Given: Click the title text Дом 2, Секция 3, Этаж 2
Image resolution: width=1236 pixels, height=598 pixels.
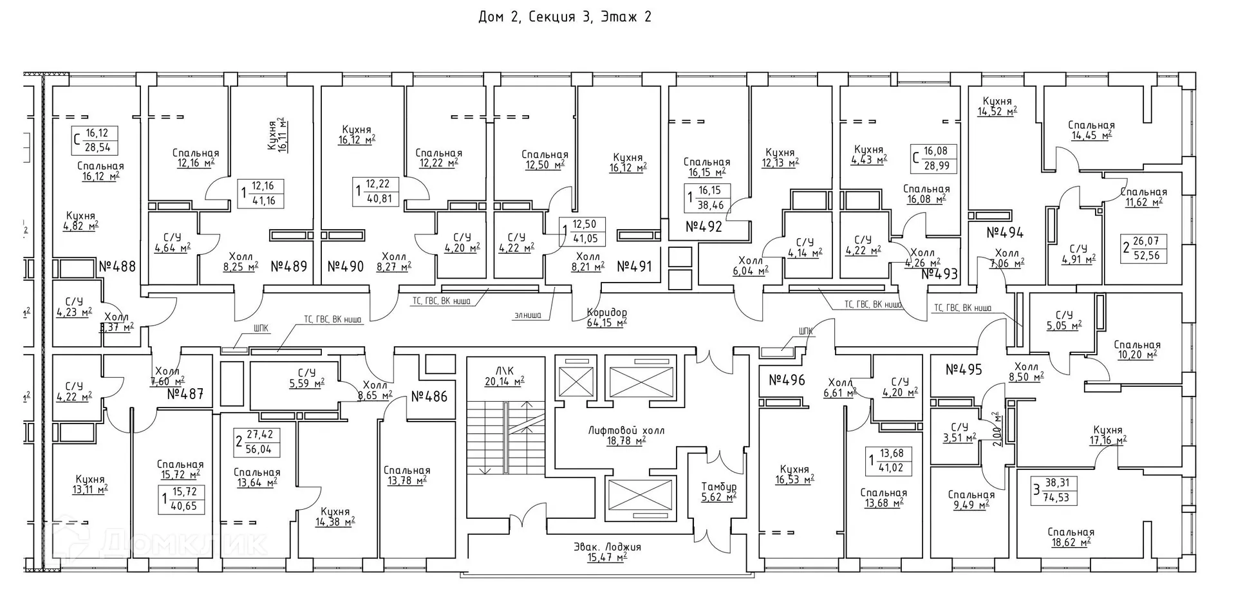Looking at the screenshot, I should pos(565,17).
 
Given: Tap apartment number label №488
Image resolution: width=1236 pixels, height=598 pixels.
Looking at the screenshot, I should pos(117,266).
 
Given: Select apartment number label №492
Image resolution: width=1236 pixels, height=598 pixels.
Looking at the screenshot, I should pos(704,227).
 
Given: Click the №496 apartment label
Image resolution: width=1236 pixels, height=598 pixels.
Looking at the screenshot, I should pos(787,380).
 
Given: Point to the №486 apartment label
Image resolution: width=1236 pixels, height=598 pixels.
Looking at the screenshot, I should pos(429,397).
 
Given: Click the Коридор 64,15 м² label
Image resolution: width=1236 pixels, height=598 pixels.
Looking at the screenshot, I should pos(606,318).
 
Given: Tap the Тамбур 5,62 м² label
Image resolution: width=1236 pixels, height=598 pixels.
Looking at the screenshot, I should pos(718,492).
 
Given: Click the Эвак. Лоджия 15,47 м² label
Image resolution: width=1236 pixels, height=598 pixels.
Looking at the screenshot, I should pos(607,552).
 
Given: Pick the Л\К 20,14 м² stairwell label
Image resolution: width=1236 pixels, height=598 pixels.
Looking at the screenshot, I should pos(504,376).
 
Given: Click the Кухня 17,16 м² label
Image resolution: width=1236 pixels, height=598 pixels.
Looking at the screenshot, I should pos(1107,435).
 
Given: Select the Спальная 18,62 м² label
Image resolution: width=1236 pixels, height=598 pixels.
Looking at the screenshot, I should pos(1071,537).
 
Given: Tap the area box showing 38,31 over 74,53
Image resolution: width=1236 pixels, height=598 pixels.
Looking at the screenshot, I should pos(1054,491).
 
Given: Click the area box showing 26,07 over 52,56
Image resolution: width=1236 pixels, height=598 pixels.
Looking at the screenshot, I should pos(1144,248).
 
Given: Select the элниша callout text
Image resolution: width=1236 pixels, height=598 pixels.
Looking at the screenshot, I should pos(528,315).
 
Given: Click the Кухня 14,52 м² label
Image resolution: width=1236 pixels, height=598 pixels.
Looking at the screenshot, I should pos(997,106).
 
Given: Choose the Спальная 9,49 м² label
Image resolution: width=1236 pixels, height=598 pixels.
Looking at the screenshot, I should pos(971,500).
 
